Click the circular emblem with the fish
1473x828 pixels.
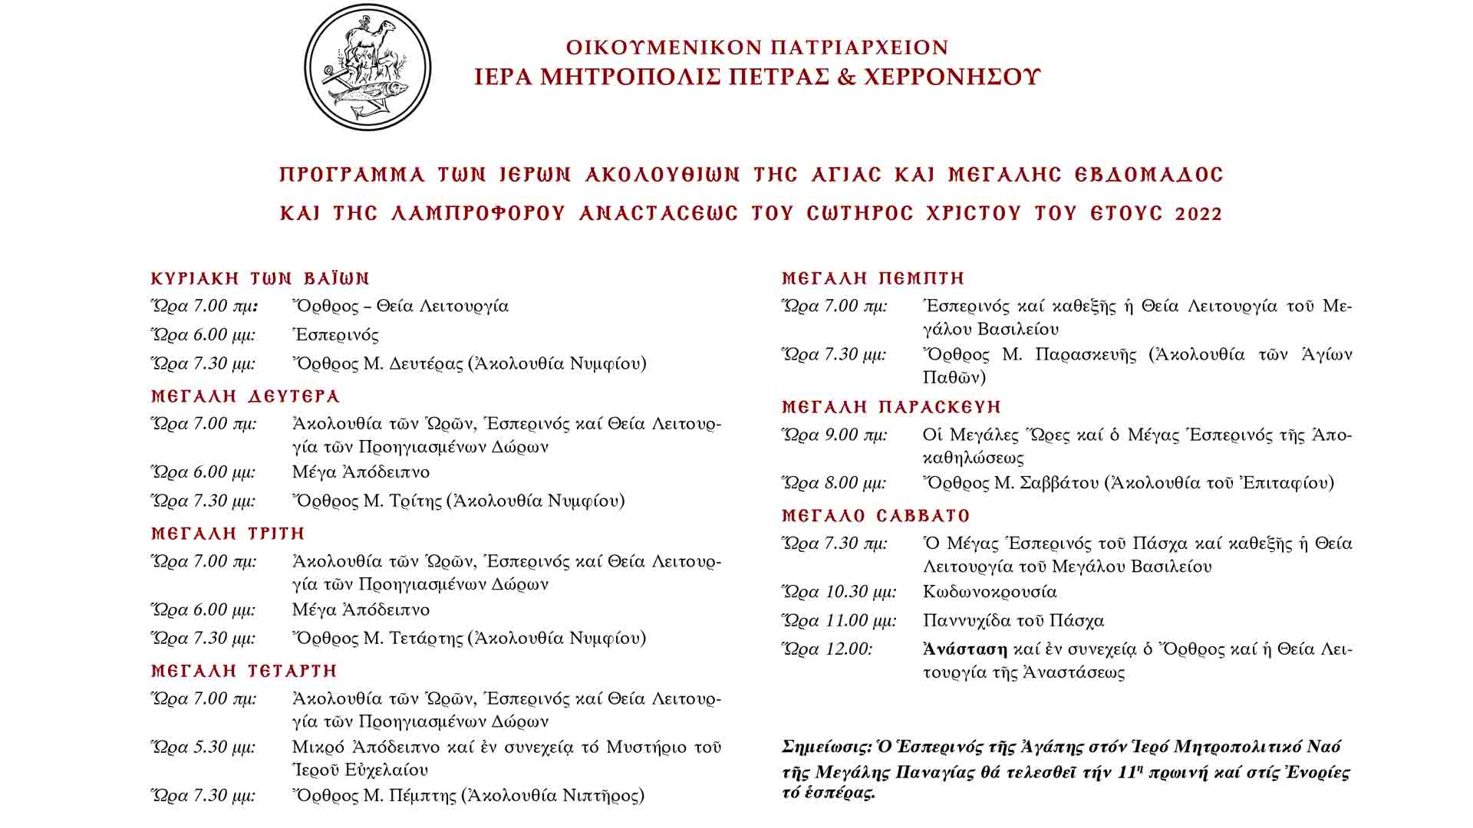click(367, 67)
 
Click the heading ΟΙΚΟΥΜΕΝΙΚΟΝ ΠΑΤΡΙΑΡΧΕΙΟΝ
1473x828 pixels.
click(757, 48)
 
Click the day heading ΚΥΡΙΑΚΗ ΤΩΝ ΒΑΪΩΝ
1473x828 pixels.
click(261, 278)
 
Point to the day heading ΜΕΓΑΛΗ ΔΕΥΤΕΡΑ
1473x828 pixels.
click(245, 396)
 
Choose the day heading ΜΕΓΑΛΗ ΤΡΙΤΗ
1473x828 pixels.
click(229, 534)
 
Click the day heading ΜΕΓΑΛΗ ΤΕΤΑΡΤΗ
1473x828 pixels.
click(245, 671)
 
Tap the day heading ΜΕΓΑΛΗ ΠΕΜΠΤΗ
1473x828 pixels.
click(873, 278)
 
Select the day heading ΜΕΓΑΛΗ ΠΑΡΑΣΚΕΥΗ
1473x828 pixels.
click(891, 407)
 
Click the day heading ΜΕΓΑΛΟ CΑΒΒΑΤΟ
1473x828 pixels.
click(876, 516)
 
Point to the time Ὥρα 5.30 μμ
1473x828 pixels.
click(203, 747)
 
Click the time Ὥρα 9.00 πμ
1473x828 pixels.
click(834, 435)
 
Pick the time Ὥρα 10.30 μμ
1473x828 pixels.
click(839, 593)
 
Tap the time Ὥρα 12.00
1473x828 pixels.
click(826, 649)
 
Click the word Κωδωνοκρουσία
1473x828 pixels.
click(990, 593)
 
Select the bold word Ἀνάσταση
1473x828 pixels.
click(965, 649)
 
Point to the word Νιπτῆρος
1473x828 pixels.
click(602, 796)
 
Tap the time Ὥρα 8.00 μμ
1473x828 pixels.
click(834, 483)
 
